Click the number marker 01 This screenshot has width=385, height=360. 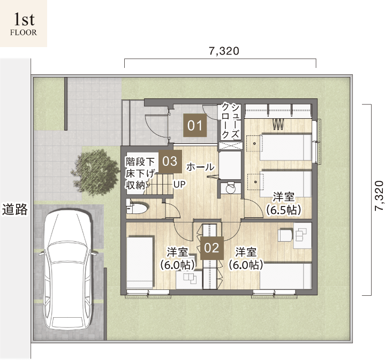[195, 125]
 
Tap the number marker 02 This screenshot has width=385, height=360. [212, 248]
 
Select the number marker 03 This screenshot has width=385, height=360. [170, 161]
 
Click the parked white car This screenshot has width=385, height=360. [68, 246]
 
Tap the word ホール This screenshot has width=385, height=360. [200, 167]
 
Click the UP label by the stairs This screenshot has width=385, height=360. [179, 184]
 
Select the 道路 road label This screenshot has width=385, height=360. [15, 209]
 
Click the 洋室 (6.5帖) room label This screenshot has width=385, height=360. [284, 204]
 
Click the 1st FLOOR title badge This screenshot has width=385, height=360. [24, 24]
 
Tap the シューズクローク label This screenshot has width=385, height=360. [230, 121]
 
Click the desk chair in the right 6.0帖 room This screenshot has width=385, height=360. [285, 235]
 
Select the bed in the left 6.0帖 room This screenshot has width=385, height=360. [140, 262]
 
